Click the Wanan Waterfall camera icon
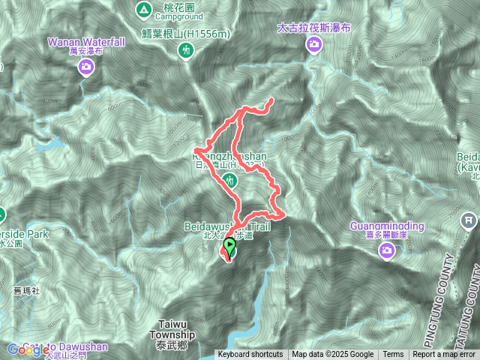click(87, 68)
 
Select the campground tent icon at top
click(142, 10)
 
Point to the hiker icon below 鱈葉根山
click(186, 50)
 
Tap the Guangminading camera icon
click(387, 250)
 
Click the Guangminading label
click(387, 226)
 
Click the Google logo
click(22, 349)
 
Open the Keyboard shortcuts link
click(250, 355)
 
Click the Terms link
click(393, 355)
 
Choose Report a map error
click(445, 355)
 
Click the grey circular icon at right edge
click(468, 220)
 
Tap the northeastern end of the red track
click(271, 100)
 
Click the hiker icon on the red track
click(230, 180)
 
